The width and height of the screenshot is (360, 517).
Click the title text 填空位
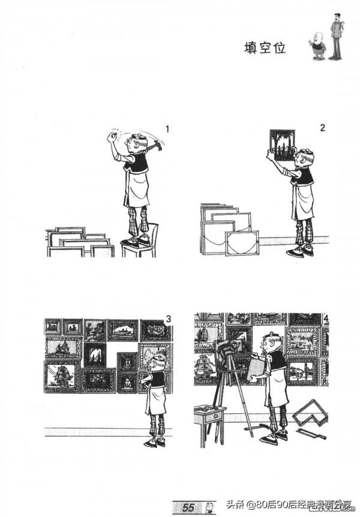pos(265,48)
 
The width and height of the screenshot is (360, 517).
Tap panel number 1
pos(167,129)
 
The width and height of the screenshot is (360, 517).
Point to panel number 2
pos(322,127)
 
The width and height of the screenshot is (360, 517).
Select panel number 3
pos(169,319)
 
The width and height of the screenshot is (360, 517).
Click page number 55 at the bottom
pos(188,507)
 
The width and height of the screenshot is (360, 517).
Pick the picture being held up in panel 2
pos(282,145)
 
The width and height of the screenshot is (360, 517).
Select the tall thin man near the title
pos(336,36)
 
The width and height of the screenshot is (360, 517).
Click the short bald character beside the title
pos(318,46)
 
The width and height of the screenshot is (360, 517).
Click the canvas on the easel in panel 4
pos(230,356)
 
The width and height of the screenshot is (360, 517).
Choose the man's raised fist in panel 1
pos(112,137)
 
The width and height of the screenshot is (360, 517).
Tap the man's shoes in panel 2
pos(300,251)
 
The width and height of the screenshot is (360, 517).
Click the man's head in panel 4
pos(271,343)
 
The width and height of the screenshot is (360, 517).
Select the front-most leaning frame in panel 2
pos(242,243)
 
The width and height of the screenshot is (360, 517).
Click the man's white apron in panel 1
pos(137,190)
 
